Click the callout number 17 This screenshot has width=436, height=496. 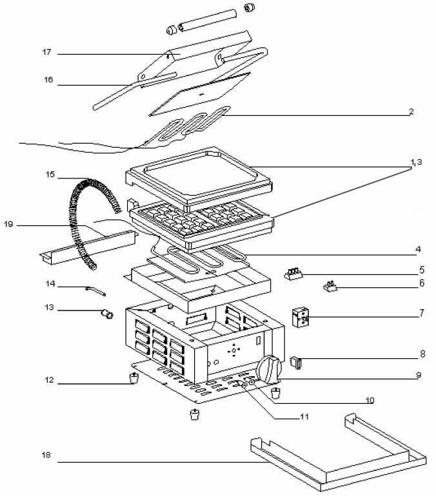click(x=46, y=52)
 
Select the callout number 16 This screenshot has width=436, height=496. click(x=48, y=80)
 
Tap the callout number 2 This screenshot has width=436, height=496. click(x=411, y=111)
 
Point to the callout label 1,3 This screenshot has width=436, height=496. click(x=417, y=162)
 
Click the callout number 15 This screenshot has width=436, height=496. click(x=50, y=175)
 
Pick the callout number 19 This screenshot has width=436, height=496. click(x=8, y=224)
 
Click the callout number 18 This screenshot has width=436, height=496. click(x=46, y=455)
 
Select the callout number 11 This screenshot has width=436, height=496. click(x=304, y=417)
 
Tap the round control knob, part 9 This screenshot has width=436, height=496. click(x=270, y=369)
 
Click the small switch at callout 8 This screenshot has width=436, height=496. click(x=296, y=363)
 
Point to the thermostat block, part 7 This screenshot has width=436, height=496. click(x=300, y=318)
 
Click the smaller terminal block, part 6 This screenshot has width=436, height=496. click(x=330, y=286)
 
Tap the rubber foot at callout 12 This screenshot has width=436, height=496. click(x=134, y=377)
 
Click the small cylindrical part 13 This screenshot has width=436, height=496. click(x=107, y=314)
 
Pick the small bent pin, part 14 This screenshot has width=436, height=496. click(x=95, y=291)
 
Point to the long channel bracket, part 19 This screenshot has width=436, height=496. click(x=88, y=247)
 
